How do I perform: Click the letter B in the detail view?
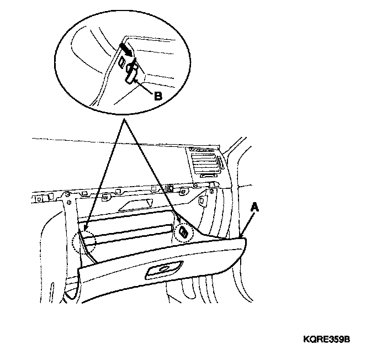tap(157, 95)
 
